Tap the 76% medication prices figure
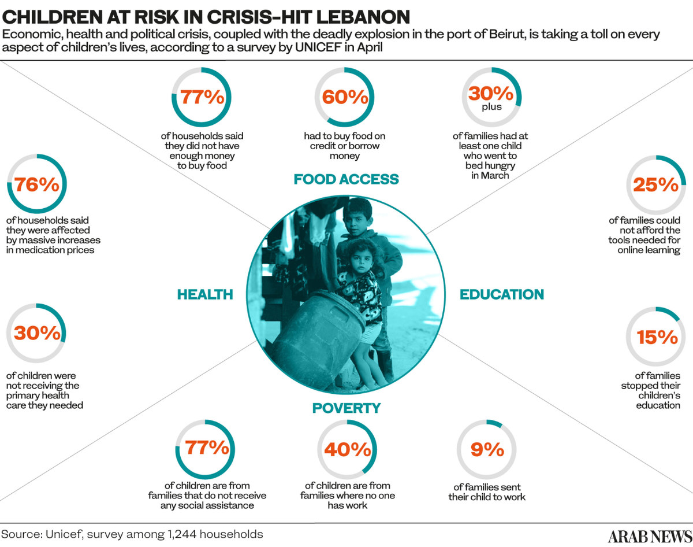click(37, 184)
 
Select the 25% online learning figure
click(655, 184)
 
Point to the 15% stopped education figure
click(657, 337)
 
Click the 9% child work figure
click(487, 449)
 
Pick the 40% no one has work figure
click(346, 449)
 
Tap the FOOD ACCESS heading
click(346, 179)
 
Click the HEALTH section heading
click(205, 294)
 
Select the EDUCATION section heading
click(501, 294)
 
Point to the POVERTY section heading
click(346, 408)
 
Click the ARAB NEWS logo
click(650, 535)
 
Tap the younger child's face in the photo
click(358, 260)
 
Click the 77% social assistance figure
click(205, 448)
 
